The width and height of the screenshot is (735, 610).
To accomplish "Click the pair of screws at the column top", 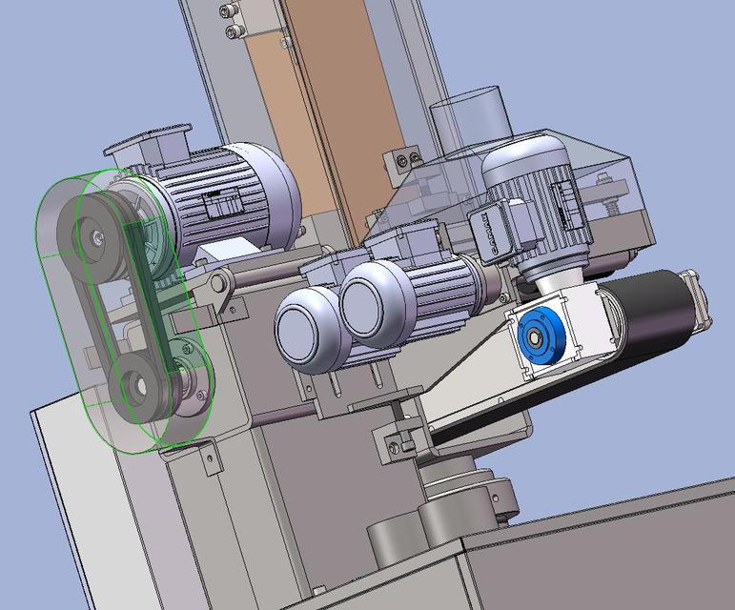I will (230, 21).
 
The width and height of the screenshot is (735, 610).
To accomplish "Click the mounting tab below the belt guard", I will (205, 458).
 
